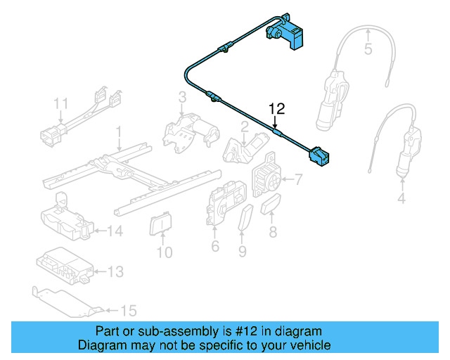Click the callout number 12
(278, 108)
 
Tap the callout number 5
(368, 49)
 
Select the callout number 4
(401, 199)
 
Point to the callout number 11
(61, 104)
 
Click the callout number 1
(119, 131)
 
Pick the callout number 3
(181, 96)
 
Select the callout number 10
(164, 252)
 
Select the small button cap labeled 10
(161, 225)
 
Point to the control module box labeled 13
(63, 268)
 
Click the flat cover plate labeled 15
(67, 301)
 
